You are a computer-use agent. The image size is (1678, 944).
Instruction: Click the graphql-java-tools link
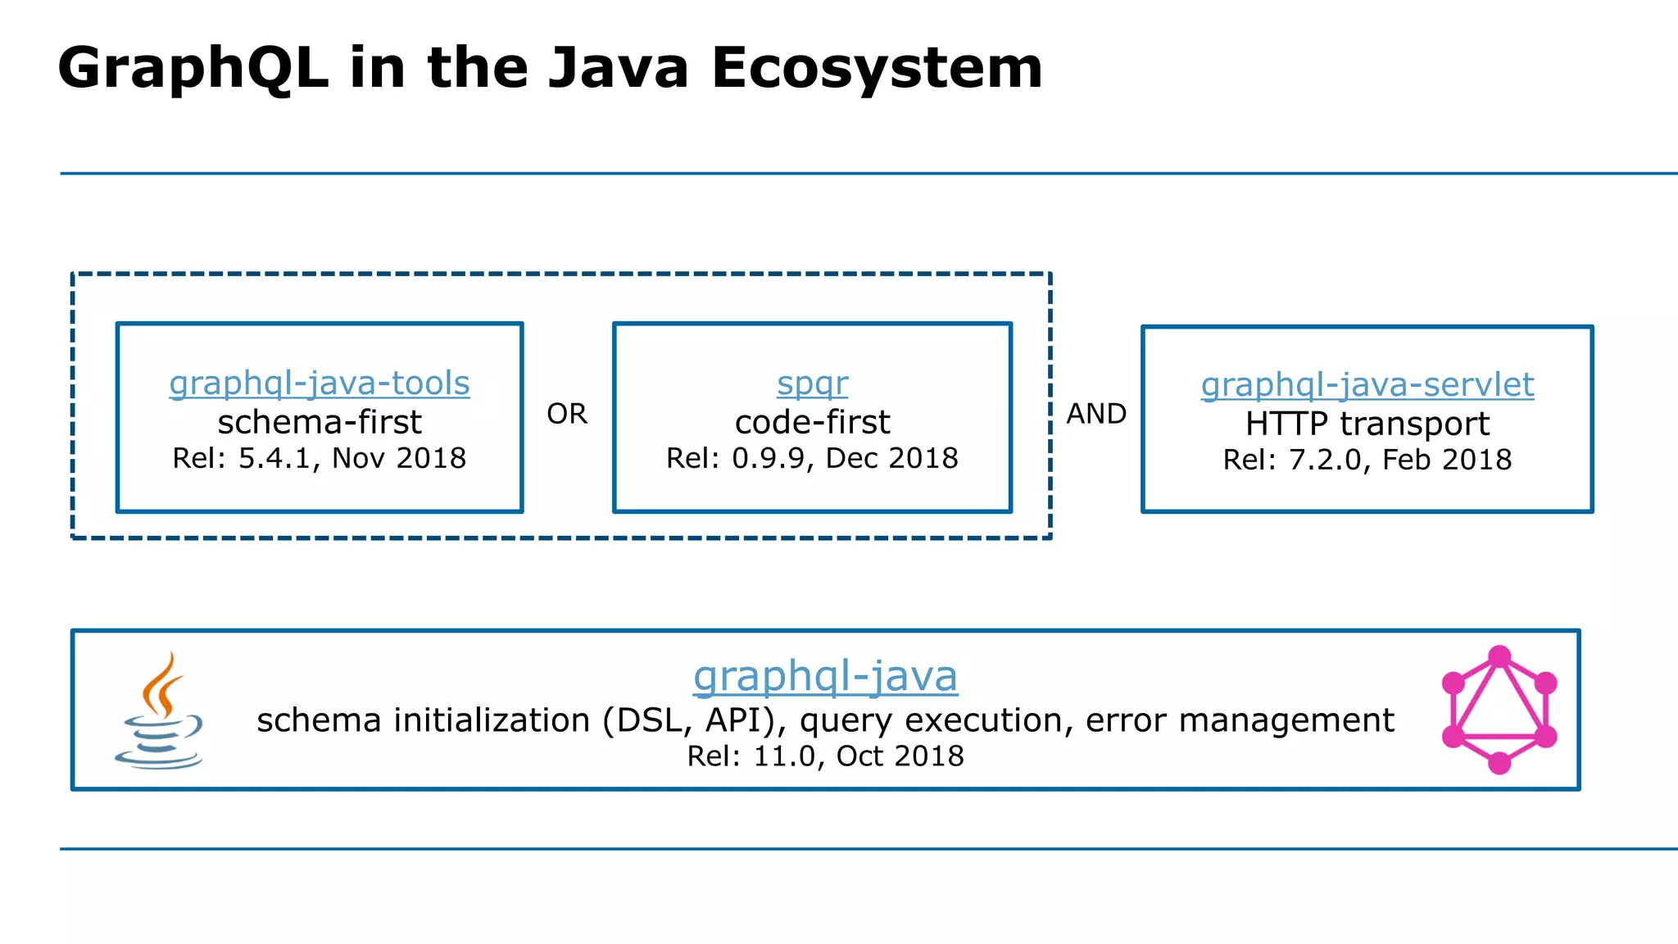point(319,383)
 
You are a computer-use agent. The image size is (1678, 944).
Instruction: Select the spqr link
point(812,383)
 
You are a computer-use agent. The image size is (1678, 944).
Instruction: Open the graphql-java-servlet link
point(1367,385)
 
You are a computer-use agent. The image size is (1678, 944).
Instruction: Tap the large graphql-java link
point(825,676)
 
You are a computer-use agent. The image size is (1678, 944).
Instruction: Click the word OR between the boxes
point(567,414)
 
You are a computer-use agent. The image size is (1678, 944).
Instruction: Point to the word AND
point(1096,414)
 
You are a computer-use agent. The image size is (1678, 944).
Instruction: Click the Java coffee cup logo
point(160,710)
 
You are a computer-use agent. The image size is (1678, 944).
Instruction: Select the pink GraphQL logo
point(1499,710)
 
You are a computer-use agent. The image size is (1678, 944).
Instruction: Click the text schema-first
point(319,423)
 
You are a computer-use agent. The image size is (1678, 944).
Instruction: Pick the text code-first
point(812,423)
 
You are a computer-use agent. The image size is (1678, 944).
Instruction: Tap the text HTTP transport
point(1367,424)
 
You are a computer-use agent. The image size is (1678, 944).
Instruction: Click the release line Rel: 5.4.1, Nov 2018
point(319,458)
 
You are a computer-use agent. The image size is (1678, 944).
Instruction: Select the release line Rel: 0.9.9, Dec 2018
point(812,458)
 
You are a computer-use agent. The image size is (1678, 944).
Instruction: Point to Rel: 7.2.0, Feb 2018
point(1367,460)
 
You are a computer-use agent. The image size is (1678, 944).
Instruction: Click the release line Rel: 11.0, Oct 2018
point(825,756)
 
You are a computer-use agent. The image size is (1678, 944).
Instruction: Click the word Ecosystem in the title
point(877,67)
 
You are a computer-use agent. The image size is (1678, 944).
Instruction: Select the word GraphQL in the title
point(193,67)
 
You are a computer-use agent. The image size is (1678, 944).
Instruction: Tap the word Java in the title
point(619,67)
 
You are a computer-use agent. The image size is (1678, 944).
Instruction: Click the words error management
point(1239,720)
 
